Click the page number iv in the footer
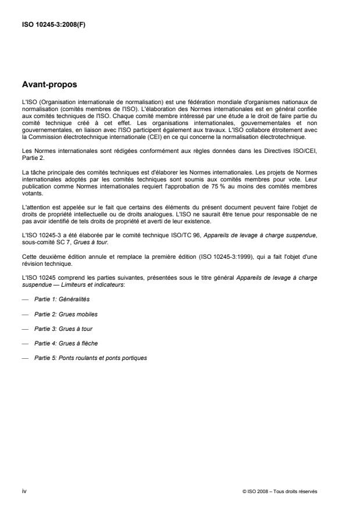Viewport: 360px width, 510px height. (x=24, y=491)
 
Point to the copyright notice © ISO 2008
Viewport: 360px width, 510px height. (x=255, y=491)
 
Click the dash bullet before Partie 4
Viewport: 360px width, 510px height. (x=26, y=343)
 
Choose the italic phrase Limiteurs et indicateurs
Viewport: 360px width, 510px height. (x=99, y=286)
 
